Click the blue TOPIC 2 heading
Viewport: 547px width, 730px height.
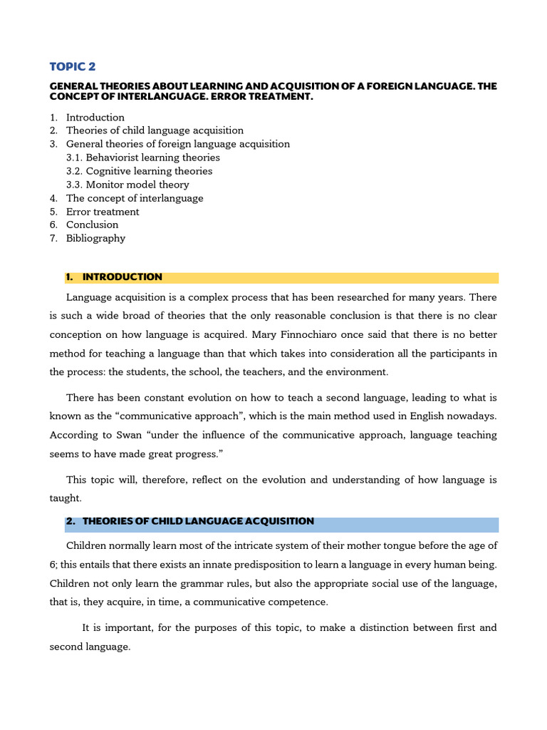[x=72, y=67]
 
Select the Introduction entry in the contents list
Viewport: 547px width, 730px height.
[x=95, y=118]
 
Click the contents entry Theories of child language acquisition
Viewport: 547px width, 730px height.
[x=155, y=130]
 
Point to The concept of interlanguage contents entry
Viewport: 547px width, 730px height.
[x=135, y=198]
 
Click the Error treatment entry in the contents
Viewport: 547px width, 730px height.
[x=103, y=212]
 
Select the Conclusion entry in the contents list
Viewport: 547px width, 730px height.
[x=93, y=225]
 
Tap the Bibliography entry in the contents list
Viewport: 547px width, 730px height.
[x=95, y=238]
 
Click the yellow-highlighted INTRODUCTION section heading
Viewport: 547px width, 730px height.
[x=122, y=277]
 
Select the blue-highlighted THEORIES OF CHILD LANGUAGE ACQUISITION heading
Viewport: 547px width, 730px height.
[x=198, y=521]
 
